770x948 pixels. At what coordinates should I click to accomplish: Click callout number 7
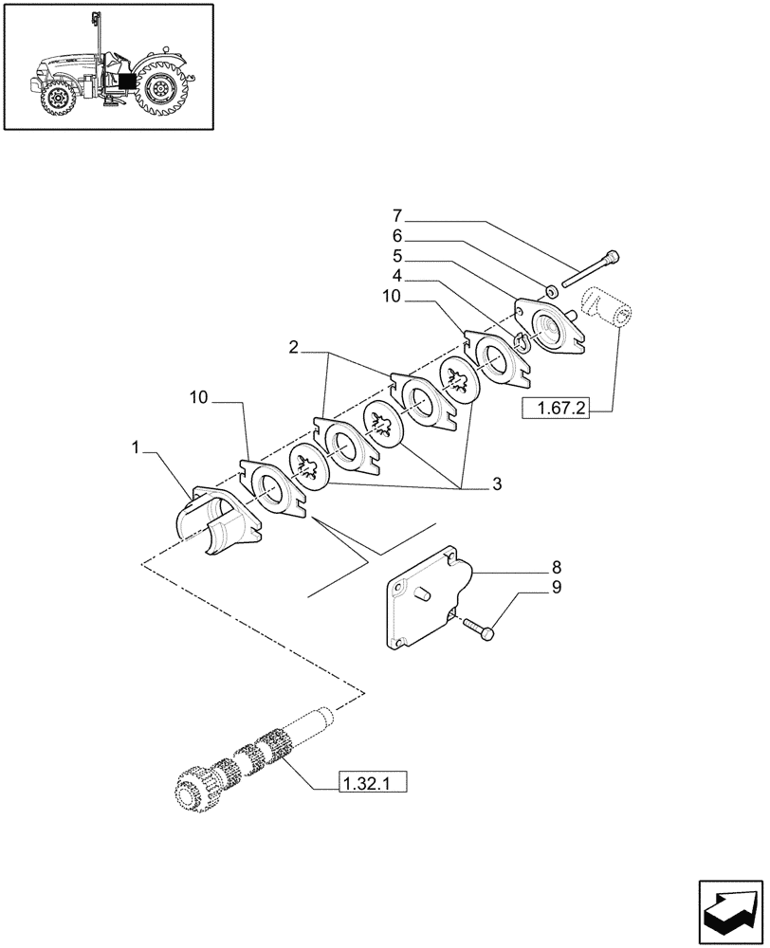coord(398,214)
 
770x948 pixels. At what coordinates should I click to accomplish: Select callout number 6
coord(398,235)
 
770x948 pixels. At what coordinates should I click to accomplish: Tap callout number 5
coord(398,256)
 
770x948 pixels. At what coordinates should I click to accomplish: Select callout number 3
coord(496,484)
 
